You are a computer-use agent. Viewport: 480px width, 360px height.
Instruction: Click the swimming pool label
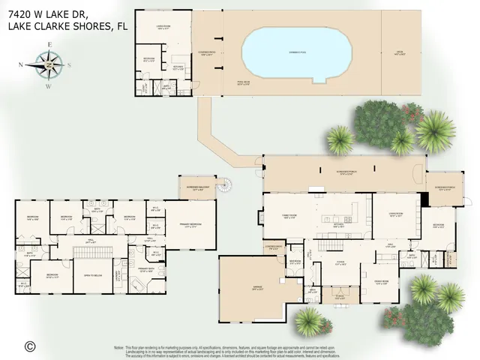[297, 52]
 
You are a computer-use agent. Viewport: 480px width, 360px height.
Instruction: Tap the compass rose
[49, 64]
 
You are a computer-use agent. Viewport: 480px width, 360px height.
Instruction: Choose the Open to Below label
[94, 275]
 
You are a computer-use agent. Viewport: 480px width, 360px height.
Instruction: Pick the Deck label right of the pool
[400, 52]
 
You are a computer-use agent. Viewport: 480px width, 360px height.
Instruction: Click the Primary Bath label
[146, 271]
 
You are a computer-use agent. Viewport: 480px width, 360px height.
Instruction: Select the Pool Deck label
[244, 84]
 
